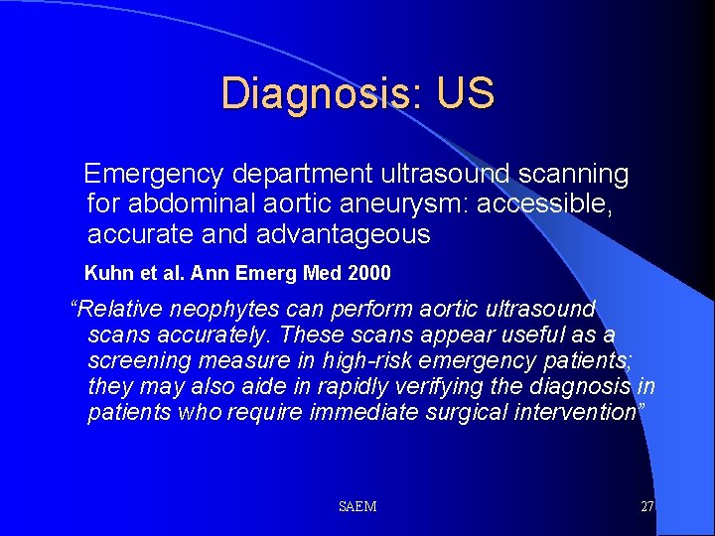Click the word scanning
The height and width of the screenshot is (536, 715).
(567, 175)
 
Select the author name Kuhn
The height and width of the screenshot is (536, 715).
(106, 272)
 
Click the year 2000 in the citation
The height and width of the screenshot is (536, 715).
(369, 272)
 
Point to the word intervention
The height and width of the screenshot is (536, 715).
(582, 413)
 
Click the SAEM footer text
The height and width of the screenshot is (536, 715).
(357, 507)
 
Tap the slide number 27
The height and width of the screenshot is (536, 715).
(646, 507)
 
